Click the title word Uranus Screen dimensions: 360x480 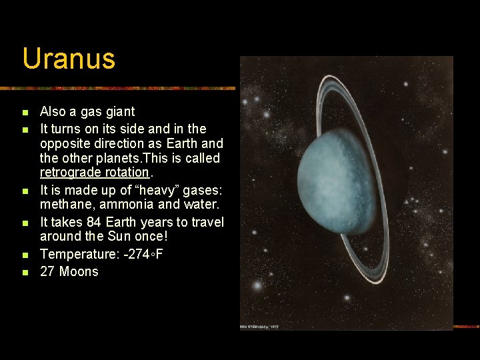click(x=69, y=59)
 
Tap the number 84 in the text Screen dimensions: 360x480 click(x=94, y=222)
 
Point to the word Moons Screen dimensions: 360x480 click(x=79, y=271)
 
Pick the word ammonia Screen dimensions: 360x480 click(x=124, y=203)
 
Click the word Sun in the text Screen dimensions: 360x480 click(x=116, y=237)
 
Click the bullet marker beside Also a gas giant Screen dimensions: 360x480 click(x=25, y=112)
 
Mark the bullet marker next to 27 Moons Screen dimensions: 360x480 click(x=25, y=272)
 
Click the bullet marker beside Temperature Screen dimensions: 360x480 click(x=25, y=255)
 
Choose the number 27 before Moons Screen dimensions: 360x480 click(x=47, y=271)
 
